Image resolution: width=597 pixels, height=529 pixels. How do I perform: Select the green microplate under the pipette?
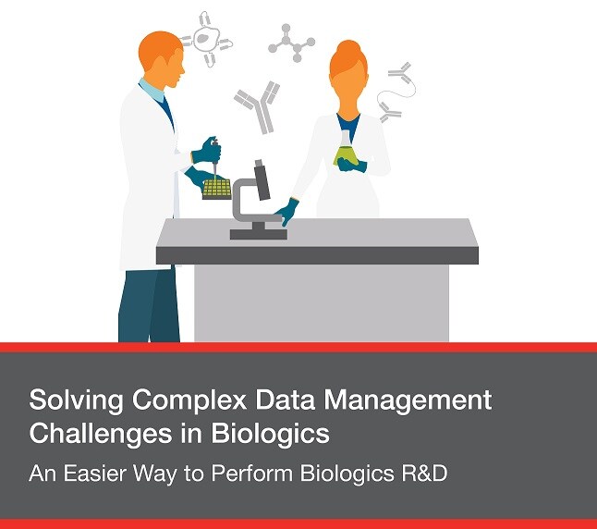pyautogui.click(x=216, y=188)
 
